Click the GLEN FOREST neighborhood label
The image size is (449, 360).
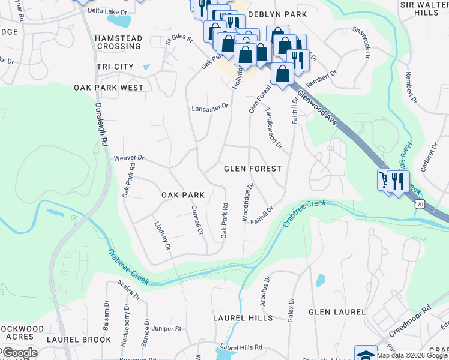252,169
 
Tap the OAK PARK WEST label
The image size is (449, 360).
109,88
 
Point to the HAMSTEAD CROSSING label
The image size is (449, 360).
118,42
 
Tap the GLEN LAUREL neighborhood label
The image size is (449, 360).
337,312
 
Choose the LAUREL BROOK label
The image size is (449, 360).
79,340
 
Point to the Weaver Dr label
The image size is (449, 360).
129,158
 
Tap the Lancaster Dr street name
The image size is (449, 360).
210,107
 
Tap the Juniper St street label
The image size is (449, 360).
167,329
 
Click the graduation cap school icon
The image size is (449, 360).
365,354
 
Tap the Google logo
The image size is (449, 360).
19,353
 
